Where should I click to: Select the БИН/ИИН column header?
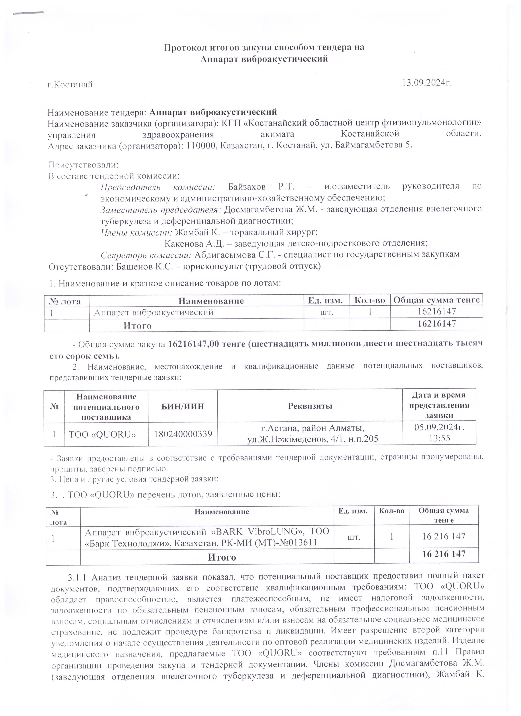pyautogui.click(x=183, y=406)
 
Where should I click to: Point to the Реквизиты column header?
pyautogui.click(x=310, y=406)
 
